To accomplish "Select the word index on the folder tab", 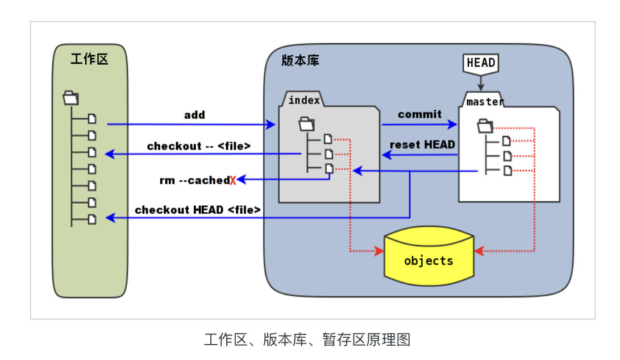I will click(x=304, y=101).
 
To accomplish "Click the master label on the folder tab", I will click(x=485, y=102).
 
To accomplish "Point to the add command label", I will click(x=194, y=115).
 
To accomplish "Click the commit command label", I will click(x=419, y=114).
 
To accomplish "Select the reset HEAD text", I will click(x=422, y=145).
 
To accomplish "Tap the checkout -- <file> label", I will click(x=198, y=146).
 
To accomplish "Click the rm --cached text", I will click(x=194, y=180).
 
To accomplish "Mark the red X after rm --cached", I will click(x=233, y=181).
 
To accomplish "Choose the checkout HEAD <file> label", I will click(x=197, y=210).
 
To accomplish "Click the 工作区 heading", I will click(x=89, y=59).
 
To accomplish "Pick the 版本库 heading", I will click(x=300, y=61).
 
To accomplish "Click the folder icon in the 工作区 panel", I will click(x=71, y=98).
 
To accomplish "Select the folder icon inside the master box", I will click(x=485, y=125).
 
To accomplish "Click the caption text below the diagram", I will click(x=307, y=340).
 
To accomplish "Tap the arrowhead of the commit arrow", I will click(x=453, y=125).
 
